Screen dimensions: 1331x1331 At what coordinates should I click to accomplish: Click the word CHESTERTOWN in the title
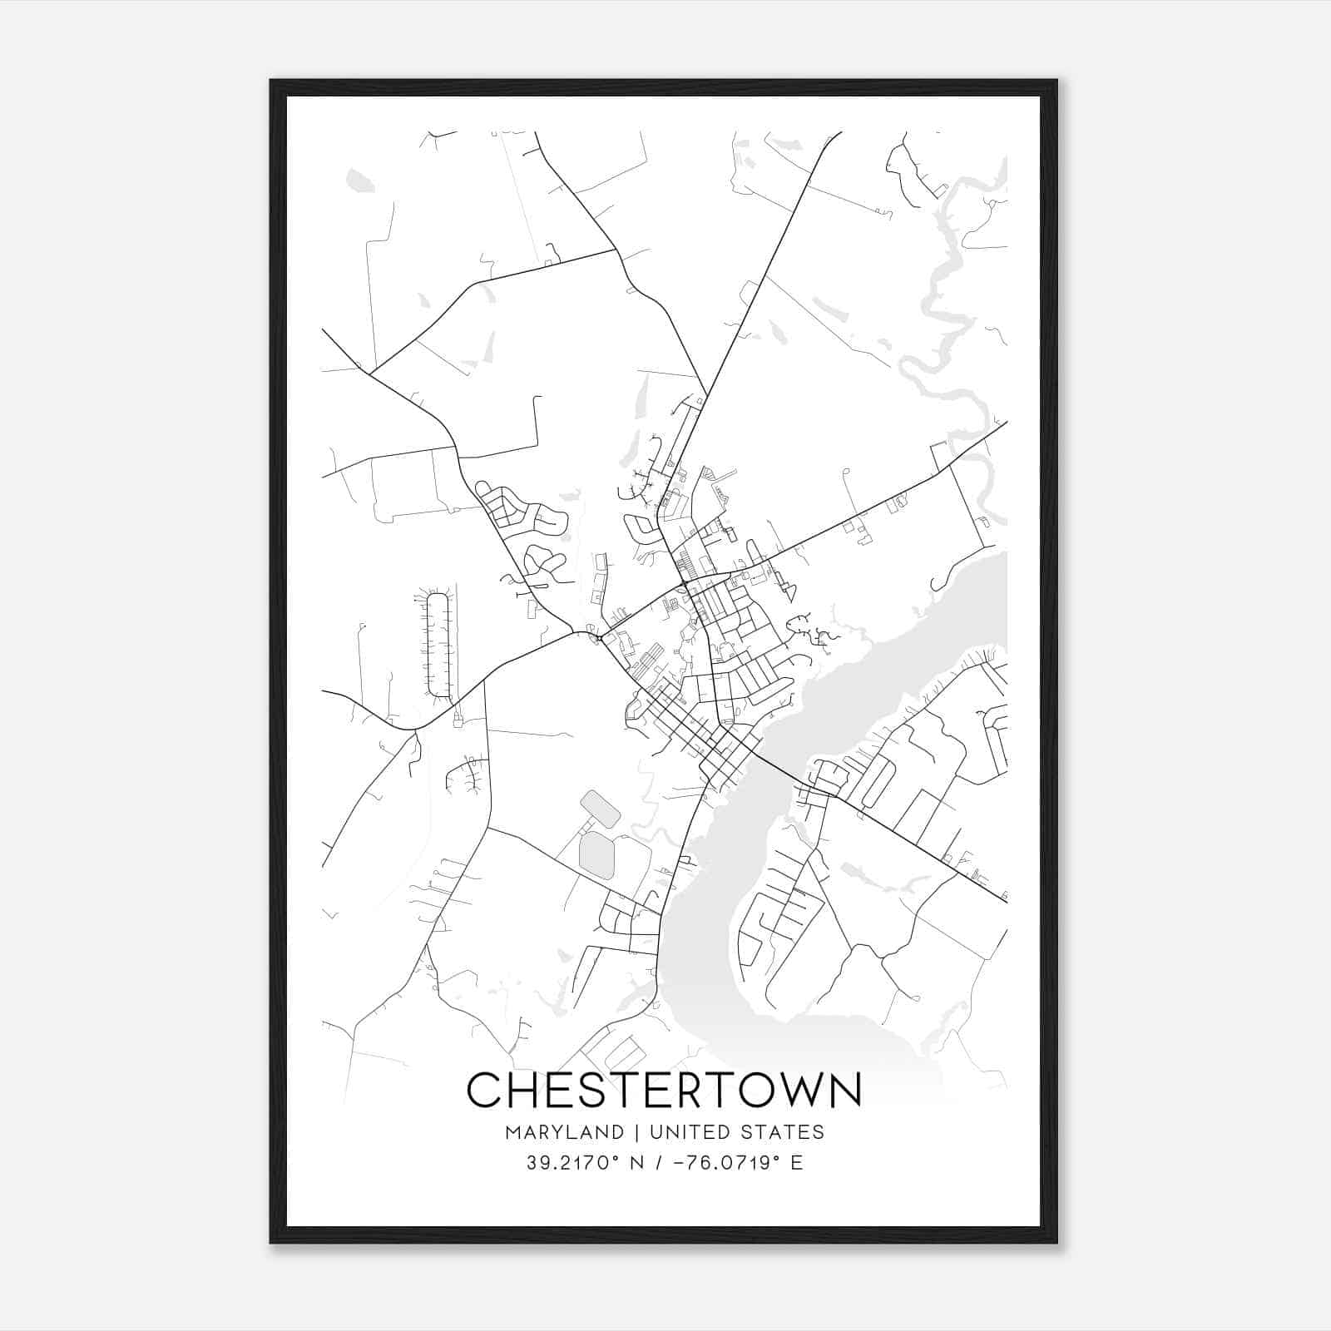pyautogui.click(x=664, y=1090)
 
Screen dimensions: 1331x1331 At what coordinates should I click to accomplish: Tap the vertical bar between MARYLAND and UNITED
pyautogui.click(x=637, y=1132)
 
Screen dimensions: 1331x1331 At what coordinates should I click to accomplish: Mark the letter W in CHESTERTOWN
pyautogui.click(x=788, y=1090)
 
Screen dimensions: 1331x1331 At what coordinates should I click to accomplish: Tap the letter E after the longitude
pyautogui.click(x=797, y=1163)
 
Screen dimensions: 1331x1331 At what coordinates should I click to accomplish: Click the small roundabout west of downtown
pyautogui.click(x=599, y=638)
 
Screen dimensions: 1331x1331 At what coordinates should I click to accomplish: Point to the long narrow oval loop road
pyautogui.click(x=438, y=645)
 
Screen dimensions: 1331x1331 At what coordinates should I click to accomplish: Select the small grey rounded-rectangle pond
pyautogui.click(x=599, y=809)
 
